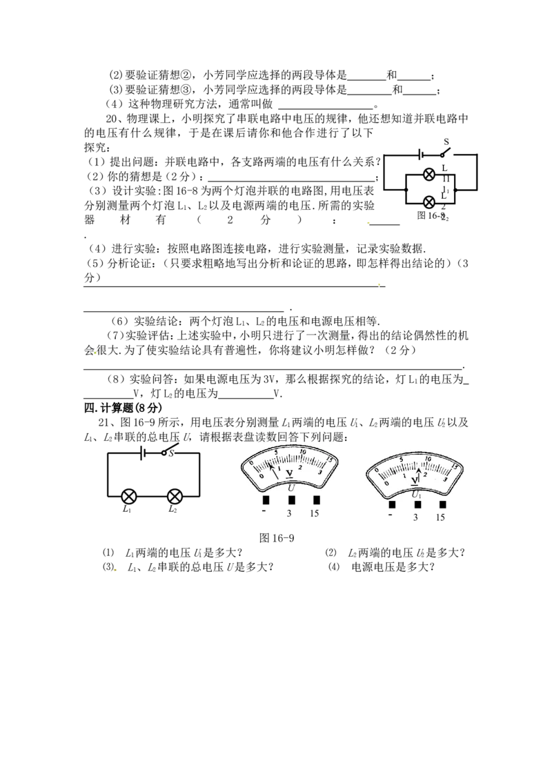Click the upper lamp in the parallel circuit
429,175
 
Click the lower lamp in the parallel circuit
429,202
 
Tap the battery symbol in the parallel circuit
422,155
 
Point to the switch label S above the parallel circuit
446,142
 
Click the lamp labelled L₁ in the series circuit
130,496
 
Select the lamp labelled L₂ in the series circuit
175,496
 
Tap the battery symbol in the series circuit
143,453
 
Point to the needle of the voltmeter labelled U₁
419,475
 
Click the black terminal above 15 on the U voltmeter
316,500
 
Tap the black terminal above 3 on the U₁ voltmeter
417,504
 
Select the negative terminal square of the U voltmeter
266,500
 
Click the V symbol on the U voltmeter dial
289,473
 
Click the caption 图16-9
277,538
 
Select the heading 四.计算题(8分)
123,408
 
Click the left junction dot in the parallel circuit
406,190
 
